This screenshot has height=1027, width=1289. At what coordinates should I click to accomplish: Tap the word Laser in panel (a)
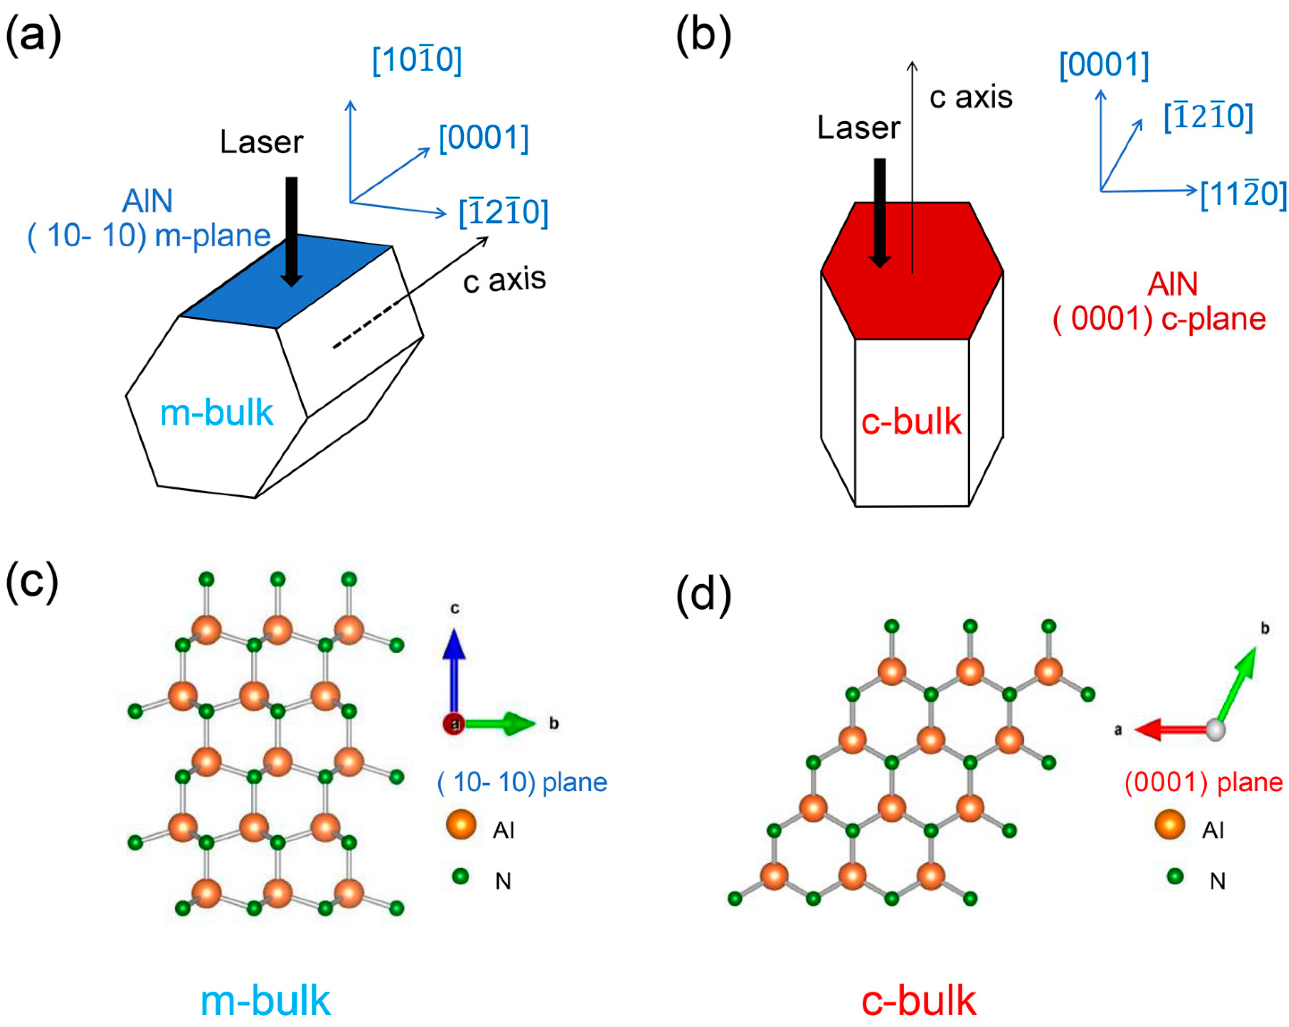(x=261, y=142)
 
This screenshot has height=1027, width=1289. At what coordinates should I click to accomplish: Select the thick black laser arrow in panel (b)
(x=879, y=212)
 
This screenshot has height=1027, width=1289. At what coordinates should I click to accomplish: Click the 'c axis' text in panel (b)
(x=970, y=97)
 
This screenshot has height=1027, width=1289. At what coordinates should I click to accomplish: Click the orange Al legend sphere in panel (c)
(x=461, y=825)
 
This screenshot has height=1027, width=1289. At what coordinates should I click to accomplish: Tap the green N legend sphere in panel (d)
(x=1175, y=876)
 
